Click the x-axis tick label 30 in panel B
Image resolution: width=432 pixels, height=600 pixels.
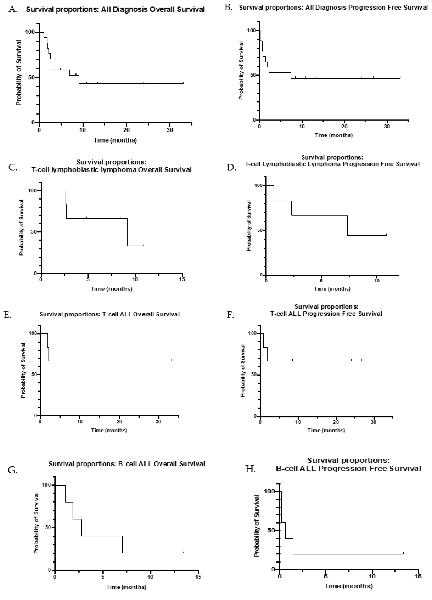coord(387,126)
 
